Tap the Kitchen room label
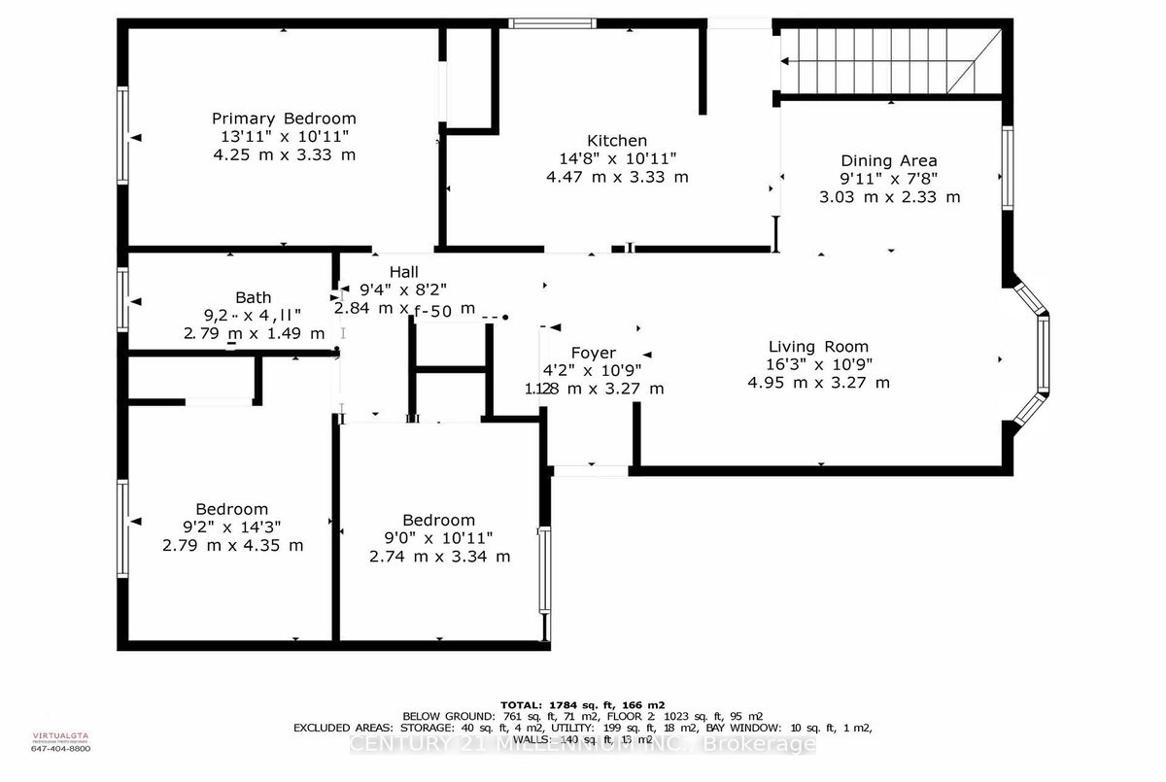tap(617, 140)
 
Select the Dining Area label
tap(889, 160)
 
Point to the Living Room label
tap(818, 346)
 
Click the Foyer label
tap(594, 353)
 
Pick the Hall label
tap(404, 272)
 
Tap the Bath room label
tap(254, 297)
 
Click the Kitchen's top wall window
tap(552, 23)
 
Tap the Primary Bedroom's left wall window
tap(122, 135)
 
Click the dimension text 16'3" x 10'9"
tap(818, 364)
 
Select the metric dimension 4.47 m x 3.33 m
tap(617, 177)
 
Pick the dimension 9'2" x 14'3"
tap(232, 527)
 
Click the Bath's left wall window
tap(122, 299)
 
